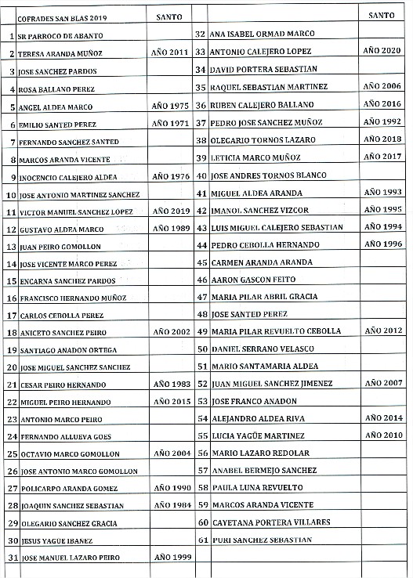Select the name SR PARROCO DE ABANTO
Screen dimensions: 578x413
61,36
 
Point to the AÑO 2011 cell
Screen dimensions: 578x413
170,52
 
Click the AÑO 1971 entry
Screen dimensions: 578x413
170,123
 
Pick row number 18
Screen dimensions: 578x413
11,332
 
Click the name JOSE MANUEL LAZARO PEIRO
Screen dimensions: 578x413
67,558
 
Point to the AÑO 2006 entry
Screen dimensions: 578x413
382,86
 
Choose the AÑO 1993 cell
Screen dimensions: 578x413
382,192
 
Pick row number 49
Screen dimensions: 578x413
201,331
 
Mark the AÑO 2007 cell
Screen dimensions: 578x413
382,383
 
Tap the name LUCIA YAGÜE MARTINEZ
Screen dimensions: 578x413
252,435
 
